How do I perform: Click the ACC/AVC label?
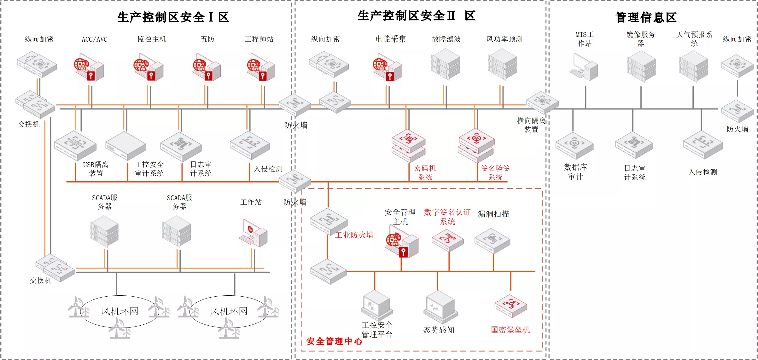pos(94,39)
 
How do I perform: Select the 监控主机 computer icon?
pos(148,67)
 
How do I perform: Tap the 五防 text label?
pos(207,39)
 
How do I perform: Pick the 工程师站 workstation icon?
pos(261,67)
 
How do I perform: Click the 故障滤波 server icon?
pos(446,64)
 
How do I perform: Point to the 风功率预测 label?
pos(504,39)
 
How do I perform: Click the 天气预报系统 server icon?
pos(693,66)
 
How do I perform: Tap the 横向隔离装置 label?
pos(531,125)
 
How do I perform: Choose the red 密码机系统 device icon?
pos(409,146)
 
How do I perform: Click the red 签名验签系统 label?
pos(495,172)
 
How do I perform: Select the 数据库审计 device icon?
pos(574,145)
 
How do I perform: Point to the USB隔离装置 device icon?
pos(75,146)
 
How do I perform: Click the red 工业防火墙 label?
pos(354,235)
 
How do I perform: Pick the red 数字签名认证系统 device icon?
pos(448,240)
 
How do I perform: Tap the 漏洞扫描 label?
pos(493,214)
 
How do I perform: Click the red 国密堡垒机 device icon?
pos(511,306)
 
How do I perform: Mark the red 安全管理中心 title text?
pos(334,341)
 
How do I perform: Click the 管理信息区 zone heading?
pos(646,17)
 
